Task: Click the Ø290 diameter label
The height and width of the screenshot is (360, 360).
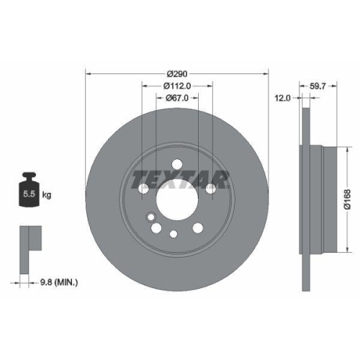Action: pyautogui.click(x=177, y=75)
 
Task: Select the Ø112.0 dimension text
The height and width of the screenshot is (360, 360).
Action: pyautogui.click(x=177, y=86)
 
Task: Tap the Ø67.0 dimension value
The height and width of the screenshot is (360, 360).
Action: pyautogui.click(x=177, y=98)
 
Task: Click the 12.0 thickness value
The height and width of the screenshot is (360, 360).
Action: pyautogui.click(x=283, y=98)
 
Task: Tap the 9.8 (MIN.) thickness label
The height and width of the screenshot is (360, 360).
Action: pyautogui.click(x=60, y=283)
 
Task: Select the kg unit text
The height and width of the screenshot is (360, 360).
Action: pyautogui.click(x=48, y=195)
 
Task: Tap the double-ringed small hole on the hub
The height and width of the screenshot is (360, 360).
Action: pyautogui.click(x=150, y=217)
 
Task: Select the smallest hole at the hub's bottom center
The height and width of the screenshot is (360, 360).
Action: pyautogui.click(x=174, y=233)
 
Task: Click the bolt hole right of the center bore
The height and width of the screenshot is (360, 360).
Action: pyautogui.click(x=211, y=189)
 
